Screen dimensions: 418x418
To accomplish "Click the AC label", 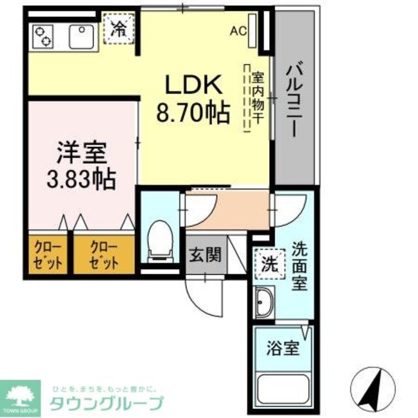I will (238, 30).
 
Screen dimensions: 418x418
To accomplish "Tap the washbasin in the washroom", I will (267, 304).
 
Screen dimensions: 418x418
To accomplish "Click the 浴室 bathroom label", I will (284, 347).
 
